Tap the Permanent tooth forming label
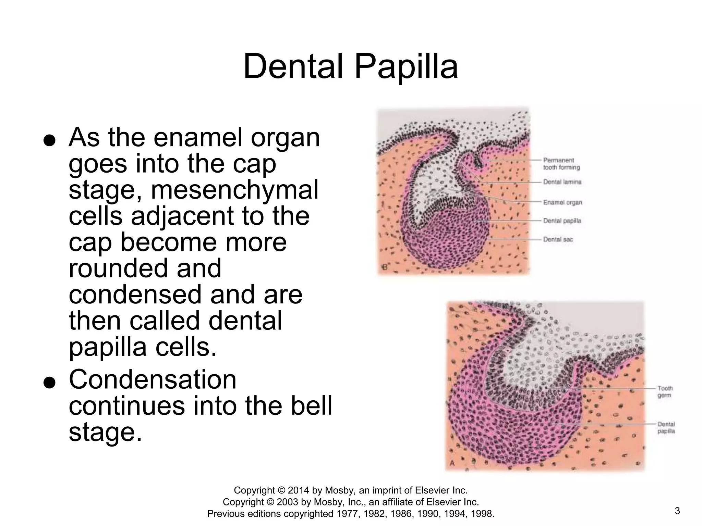point(561,164)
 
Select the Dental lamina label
point(562,182)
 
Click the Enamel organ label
point(562,202)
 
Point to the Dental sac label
point(558,239)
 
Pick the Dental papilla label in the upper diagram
point(562,221)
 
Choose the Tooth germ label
point(665,392)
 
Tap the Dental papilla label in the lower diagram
point(666,428)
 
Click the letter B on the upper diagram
point(385,267)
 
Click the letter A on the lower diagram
point(452,463)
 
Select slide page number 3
point(677,511)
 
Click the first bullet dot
point(50,141)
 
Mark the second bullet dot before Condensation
point(50,383)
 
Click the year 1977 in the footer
point(348,514)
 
